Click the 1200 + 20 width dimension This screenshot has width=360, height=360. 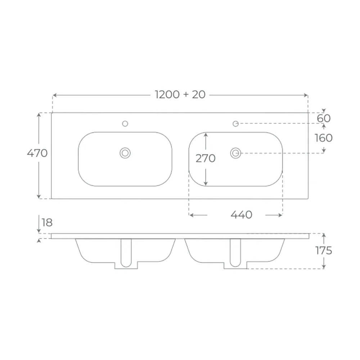pyautogui.click(x=180, y=95)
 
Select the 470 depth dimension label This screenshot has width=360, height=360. pyautogui.click(x=37, y=153)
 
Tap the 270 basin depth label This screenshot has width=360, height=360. pyautogui.click(x=206, y=158)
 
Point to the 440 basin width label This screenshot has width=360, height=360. pyautogui.click(x=241, y=215)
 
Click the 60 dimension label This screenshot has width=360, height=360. pyautogui.click(x=324, y=118)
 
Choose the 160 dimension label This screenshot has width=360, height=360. pyautogui.click(x=324, y=138)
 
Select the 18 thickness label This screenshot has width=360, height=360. pyautogui.click(x=47, y=222)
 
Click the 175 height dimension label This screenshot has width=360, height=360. pyautogui.click(x=324, y=251)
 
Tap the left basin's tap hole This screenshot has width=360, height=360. pyautogui.click(x=125, y=124)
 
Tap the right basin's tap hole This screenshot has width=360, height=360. pyautogui.click(x=235, y=124)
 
